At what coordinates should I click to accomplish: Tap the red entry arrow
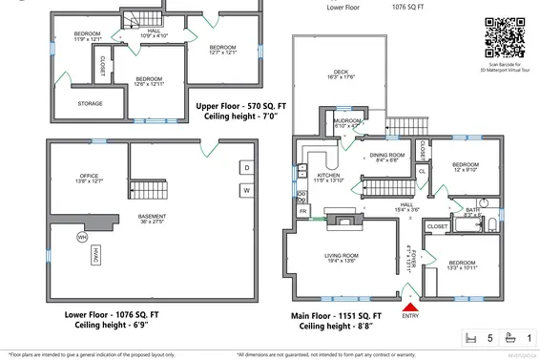point(409,306)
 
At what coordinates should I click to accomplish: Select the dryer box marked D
point(246,167)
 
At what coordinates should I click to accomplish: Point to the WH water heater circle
point(82,237)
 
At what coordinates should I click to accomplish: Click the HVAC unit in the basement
point(97,255)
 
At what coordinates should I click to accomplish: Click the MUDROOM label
point(346,122)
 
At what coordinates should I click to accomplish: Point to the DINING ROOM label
point(387,157)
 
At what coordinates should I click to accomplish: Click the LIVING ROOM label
point(342,258)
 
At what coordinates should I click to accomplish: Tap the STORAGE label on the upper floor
point(91,104)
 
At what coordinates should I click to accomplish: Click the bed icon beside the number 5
point(468,338)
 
